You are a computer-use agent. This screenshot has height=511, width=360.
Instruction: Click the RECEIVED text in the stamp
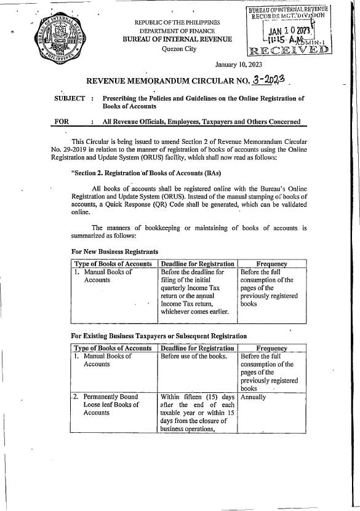288,49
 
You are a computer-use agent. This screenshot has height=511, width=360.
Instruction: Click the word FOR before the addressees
62,122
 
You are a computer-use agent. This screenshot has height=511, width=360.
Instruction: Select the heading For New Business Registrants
115,252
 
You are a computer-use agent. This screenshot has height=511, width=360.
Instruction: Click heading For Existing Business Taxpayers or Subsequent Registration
159,336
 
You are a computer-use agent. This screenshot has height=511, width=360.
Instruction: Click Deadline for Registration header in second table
197,348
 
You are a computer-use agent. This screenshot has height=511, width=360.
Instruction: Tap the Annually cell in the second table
254,397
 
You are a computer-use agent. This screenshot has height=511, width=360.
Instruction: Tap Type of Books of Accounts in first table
113,263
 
